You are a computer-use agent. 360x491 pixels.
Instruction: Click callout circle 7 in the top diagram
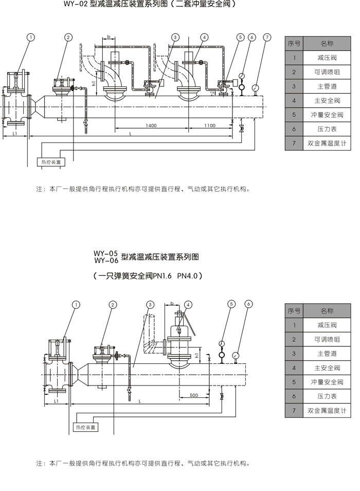[x=267, y=37]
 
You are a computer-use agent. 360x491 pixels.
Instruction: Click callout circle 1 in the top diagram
[x=31, y=37]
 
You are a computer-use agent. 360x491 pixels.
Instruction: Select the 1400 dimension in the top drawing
[x=151, y=126]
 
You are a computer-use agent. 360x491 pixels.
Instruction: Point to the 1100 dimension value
[x=209, y=126]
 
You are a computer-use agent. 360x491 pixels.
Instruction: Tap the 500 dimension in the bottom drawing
[x=193, y=395]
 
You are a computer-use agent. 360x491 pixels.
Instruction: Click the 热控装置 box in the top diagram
[x=51, y=162]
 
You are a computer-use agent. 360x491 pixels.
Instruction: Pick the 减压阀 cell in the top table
[x=327, y=58]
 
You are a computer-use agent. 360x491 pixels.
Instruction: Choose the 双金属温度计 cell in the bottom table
[x=327, y=410]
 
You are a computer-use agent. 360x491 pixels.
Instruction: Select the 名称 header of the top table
[x=327, y=44]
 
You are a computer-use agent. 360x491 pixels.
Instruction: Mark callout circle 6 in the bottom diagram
[x=248, y=304]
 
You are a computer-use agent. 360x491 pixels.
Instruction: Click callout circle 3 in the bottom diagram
[x=150, y=304]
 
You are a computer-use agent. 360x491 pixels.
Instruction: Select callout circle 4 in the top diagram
[x=204, y=37]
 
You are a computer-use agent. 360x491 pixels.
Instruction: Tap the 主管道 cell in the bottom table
[x=327, y=354]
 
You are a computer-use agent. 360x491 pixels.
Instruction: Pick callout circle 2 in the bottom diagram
[x=113, y=304]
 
